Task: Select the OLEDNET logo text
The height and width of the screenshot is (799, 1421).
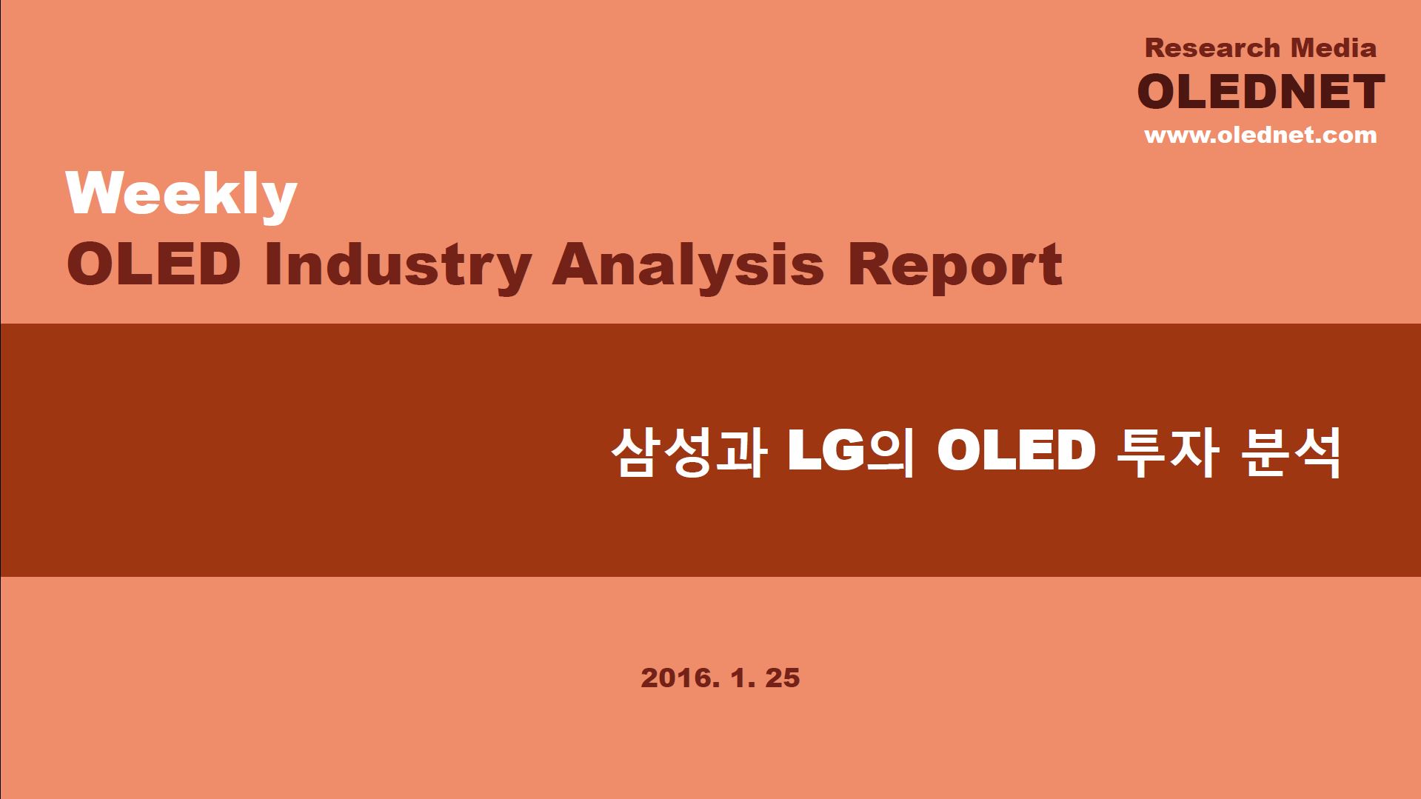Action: click(1260, 91)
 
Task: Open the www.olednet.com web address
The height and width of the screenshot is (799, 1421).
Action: click(1260, 136)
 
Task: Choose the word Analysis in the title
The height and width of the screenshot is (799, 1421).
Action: click(688, 269)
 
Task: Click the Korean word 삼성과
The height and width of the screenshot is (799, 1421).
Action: click(688, 452)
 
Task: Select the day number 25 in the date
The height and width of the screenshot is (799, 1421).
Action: click(783, 678)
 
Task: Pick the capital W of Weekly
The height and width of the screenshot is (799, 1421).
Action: click(96, 193)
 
